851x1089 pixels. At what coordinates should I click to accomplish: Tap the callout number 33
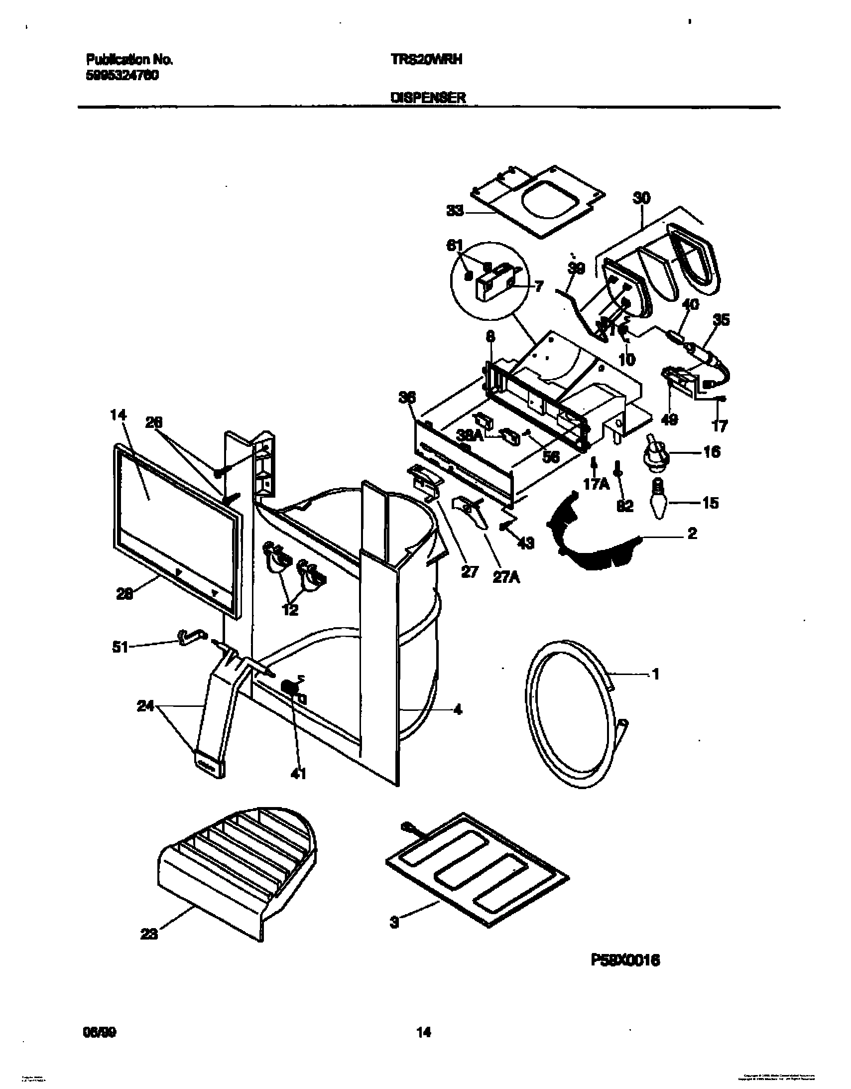pos(455,211)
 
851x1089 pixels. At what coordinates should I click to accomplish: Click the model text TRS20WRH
pos(426,60)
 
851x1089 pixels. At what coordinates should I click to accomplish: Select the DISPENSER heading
pos(428,98)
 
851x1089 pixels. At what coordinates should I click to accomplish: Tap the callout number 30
pos(641,198)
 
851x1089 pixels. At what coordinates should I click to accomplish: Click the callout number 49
pos(669,420)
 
